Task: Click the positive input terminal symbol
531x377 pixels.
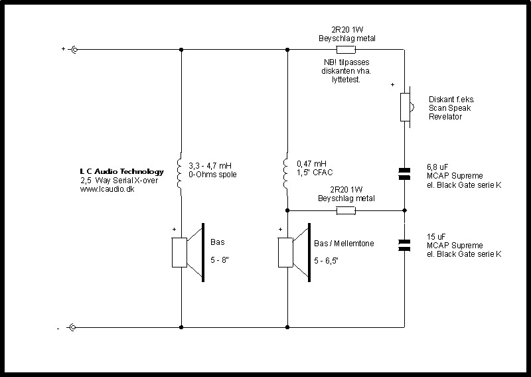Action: point(74,50)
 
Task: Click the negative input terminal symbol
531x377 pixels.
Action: point(72,327)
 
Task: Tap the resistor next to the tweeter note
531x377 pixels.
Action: point(346,50)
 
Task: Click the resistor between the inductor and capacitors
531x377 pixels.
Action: point(346,210)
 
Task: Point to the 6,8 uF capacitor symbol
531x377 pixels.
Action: point(404,174)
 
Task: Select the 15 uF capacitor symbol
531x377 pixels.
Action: point(404,246)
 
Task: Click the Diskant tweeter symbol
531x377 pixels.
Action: point(406,107)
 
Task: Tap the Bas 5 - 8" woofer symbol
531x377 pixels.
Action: point(189,252)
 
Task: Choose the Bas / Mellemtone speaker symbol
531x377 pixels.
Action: point(294,252)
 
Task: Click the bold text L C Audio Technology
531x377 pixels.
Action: point(122,172)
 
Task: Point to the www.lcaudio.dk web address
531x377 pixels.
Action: point(107,189)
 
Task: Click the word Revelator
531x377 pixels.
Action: point(445,117)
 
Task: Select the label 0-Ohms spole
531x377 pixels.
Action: point(212,175)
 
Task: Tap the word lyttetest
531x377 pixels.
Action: point(346,80)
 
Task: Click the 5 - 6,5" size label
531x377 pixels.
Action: point(327,261)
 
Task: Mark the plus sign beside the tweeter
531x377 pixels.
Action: point(392,85)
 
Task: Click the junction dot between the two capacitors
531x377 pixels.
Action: point(404,210)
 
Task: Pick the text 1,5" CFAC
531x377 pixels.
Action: point(315,173)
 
